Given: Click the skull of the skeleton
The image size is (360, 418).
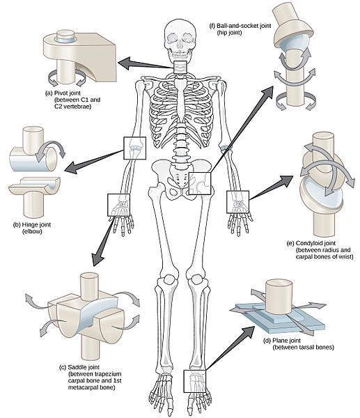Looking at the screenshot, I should (x=180, y=38).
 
